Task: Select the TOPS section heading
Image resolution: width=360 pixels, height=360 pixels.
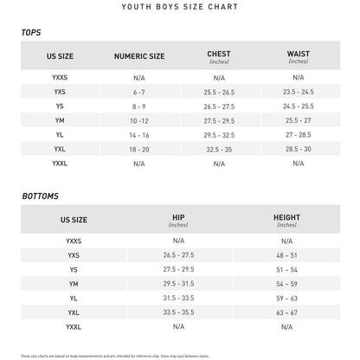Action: tap(31, 33)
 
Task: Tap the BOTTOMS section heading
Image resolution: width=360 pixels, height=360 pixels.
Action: tap(41, 196)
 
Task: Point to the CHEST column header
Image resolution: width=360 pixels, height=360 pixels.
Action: tap(218, 55)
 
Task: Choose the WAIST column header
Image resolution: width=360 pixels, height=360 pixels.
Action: tap(298, 55)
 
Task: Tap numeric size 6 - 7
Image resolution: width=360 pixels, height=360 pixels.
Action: tap(139, 92)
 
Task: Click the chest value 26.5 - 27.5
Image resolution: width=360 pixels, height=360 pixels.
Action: tap(218, 106)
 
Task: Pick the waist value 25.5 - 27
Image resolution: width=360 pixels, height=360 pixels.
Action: tap(298, 120)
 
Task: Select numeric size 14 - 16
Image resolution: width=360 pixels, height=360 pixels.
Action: tap(139, 135)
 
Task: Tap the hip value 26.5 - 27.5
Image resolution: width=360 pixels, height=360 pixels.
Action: tap(178, 255)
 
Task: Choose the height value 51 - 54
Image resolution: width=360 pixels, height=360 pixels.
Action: tap(286, 269)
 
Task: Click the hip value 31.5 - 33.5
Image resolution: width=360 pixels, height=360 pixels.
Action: tap(178, 298)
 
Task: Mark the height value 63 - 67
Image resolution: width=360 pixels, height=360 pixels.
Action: tap(286, 312)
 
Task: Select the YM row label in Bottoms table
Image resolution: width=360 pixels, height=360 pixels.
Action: tap(73, 284)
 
